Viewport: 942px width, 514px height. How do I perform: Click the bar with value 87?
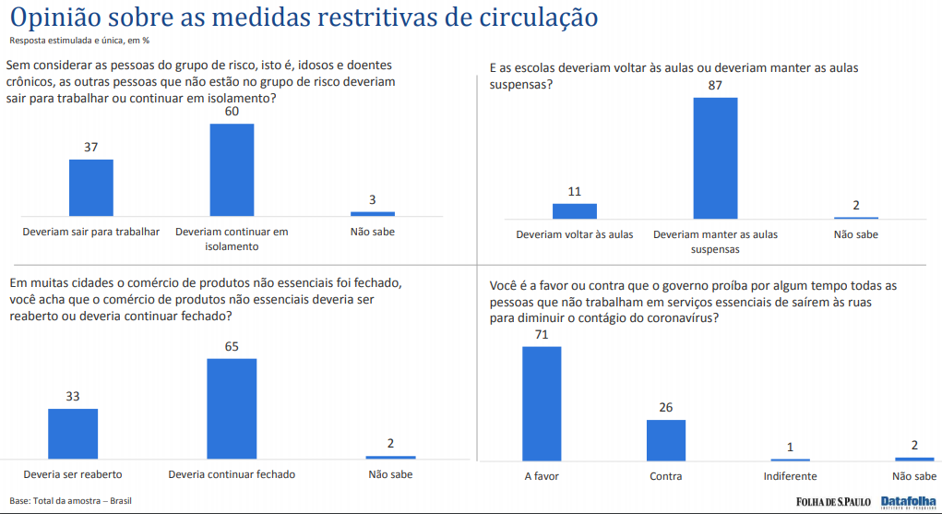click(x=715, y=157)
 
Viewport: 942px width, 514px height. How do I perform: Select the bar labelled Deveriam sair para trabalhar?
click(x=91, y=186)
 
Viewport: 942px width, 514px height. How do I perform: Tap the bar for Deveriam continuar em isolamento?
click(x=232, y=169)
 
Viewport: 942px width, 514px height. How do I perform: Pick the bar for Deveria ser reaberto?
click(x=73, y=433)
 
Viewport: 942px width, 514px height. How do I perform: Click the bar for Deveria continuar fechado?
click(x=232, y=408)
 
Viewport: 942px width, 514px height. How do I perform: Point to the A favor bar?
click(x=542, y=402)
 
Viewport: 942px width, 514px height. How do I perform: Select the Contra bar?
click(x=665, y=439)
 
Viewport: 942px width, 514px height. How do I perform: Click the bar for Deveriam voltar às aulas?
click(x=575, y=210)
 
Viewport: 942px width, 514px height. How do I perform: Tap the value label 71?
click(x=542, y=334)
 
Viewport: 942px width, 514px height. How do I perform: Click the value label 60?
click(x=232, y=112)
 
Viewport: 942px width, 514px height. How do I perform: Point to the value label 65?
click(x=232, y=347)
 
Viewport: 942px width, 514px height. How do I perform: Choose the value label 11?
click(x=575, y=192)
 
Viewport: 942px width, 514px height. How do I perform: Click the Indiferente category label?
click(x=790, y=476)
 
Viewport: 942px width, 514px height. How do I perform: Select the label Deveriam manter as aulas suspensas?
click(x=715, y=241)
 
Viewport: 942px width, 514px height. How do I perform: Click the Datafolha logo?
click(x=908, y=502)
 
